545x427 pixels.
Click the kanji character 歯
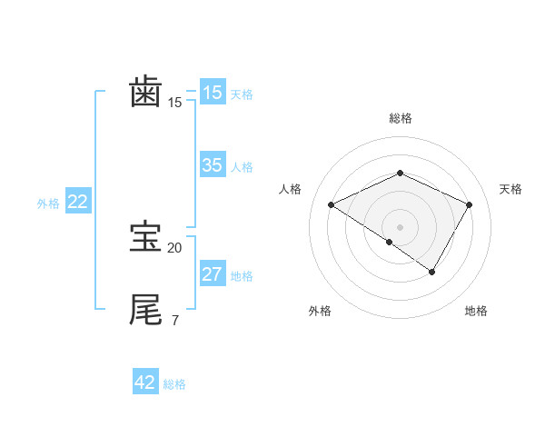point(146,93)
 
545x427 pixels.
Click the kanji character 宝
point(146,237)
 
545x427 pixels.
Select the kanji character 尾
point(146,309)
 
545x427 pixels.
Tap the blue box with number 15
point(213,93)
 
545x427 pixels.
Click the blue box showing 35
point(213,165)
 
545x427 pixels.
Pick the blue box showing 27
point(213,274)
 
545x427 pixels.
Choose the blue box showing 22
point(77,203)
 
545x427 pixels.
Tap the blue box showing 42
point(145,382)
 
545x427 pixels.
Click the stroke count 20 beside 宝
point(174,247)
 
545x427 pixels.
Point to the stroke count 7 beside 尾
point(174,320)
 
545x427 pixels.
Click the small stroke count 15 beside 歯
point(174,103)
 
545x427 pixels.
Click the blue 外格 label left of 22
point(48,204)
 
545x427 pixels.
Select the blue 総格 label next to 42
point(174,384)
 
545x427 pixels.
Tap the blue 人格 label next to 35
point(242,167)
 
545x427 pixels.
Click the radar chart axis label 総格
point(400,118)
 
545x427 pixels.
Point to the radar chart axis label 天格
point(510,189)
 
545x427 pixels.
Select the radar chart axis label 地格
point(476,311)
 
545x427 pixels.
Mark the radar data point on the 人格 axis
point(332,205)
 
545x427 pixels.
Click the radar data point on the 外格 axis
point(390,242)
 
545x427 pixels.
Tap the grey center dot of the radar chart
point(400,226)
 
